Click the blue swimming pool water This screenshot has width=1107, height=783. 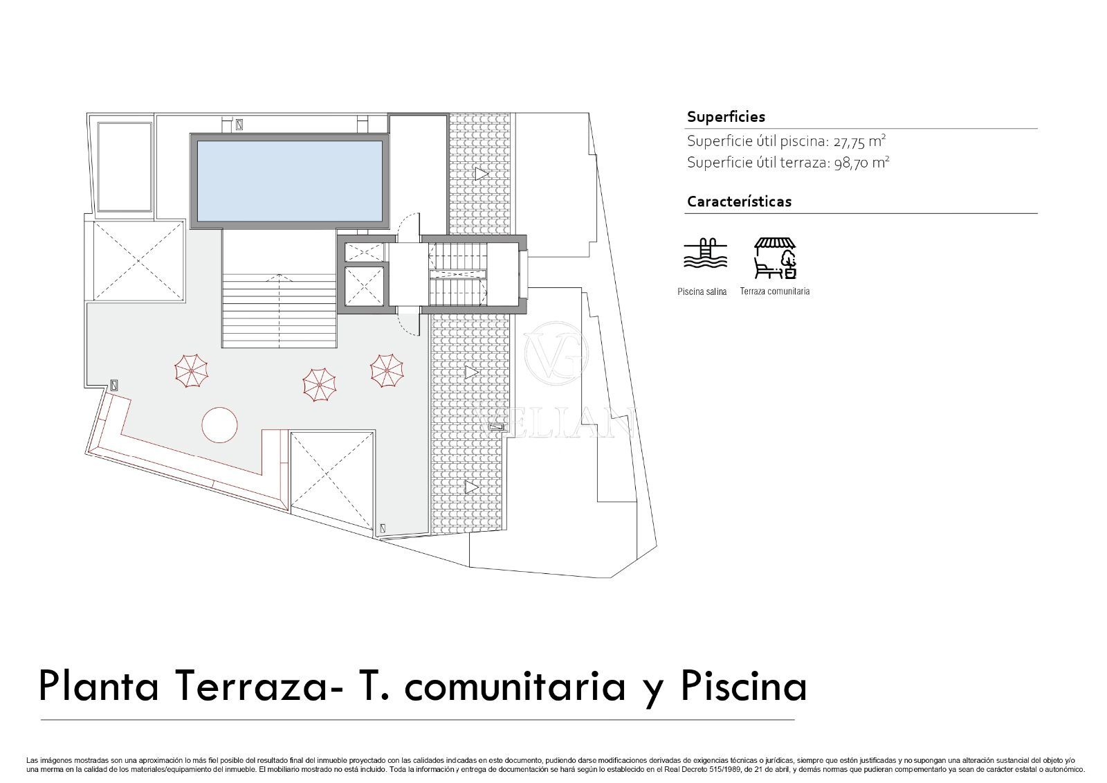pyautogui.click(x=290, y=181)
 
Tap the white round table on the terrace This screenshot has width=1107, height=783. pyautogui.click(x=219, y=425)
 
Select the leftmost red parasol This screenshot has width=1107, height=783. pyautogui.click(x=191, y=371)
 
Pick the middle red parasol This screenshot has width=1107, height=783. pyautogui.click(x=320, y=385)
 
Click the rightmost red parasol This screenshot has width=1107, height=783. pyautogui.click(x=387, y=371)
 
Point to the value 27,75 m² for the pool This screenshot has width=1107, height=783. pyautogui.click(x=859, y=141)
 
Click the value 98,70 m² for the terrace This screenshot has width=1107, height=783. pyautogui.click(x=861, y=163)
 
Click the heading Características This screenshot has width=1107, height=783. pyautogui.click(x=740, y=201)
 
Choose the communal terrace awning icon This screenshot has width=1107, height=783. pyautogui.click(x=775, y=258)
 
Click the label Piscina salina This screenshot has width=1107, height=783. pyautogui.click(x=702, y=292)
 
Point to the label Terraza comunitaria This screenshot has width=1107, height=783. pyautogui.click(x=774, y=291)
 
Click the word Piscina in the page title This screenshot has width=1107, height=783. pyautogui.click(x=744, y=686)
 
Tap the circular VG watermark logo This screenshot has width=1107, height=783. pyautogui.click(x=556, y=354)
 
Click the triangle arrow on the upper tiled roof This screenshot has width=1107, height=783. pyautogui.click(x=482, y=174)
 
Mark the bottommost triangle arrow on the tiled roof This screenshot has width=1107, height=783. pyautogui.click(x=471, y=487)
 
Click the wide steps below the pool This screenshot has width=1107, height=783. pyautogui.click(x=280, y=311)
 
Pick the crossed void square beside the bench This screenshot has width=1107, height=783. pyautogui.click(x=332, y=480)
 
